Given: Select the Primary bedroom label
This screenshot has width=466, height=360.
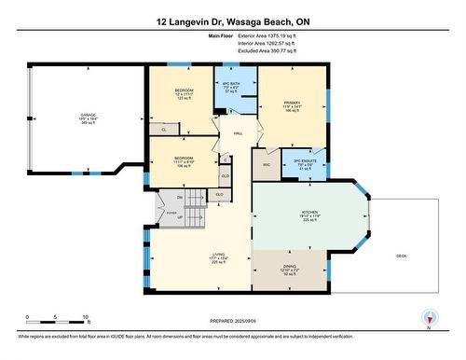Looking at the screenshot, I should click(292, 104).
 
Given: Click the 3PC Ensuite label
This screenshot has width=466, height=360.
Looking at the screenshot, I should click(305, 161).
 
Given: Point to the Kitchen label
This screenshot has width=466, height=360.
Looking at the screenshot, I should click(310, 212).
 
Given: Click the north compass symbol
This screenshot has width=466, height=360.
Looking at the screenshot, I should click(428, 318).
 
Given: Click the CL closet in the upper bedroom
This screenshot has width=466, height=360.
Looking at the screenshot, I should click(164, 130).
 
